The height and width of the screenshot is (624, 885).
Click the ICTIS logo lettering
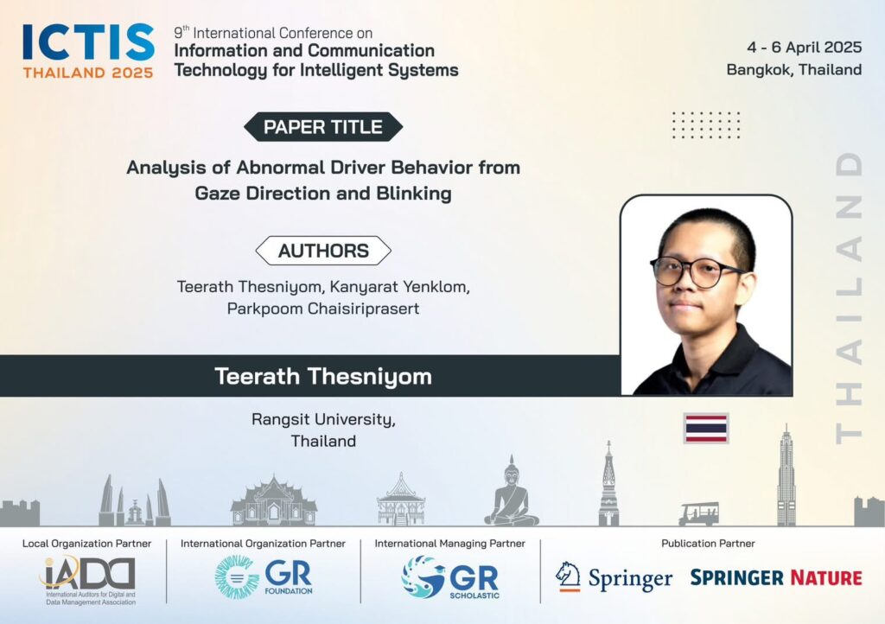(89, 42)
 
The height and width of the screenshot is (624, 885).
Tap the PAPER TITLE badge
(323, 127)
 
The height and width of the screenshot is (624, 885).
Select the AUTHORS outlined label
(323, 251)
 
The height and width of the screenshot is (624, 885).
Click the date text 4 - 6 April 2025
(805, 48)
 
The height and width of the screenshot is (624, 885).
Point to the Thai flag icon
(706, 428)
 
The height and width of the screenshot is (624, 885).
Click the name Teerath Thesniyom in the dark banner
(323, 376)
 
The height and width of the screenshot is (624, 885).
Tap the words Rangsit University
(323, 420)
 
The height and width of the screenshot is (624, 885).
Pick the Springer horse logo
(568, 576)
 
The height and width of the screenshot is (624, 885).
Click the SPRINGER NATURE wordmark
(776, 577)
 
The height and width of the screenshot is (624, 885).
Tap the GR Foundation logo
(264, 576)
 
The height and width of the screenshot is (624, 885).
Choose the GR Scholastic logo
(451, 577)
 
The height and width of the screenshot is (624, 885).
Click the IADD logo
(89, 579)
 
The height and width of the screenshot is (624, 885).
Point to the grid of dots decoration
(705, 124)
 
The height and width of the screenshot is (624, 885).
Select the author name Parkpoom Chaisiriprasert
(323, 309)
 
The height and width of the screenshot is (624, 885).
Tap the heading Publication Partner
(708, 544)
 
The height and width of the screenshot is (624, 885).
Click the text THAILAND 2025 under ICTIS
(88, 73)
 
